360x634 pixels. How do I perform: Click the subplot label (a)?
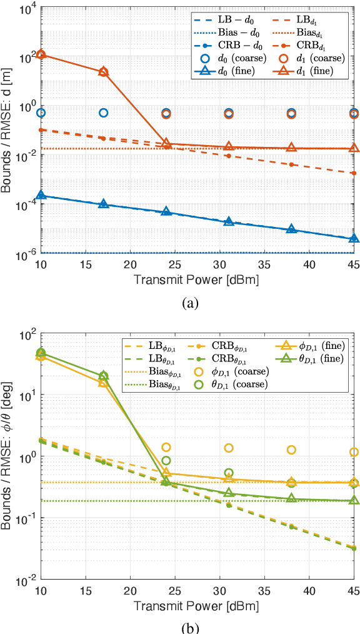(x=190, y=303)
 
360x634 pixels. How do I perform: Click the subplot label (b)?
(x=190, y=626)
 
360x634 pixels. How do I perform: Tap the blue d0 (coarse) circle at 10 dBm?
(x=41, y=113)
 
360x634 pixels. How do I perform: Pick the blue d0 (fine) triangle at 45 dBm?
(x=354, y=238)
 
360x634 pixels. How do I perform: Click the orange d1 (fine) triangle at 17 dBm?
(x=104, y=71)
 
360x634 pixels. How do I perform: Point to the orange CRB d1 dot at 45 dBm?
(x=354, y=173)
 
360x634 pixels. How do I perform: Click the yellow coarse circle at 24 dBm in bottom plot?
(x=166, y=447)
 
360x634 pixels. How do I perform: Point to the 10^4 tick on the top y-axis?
(x=28, y=9)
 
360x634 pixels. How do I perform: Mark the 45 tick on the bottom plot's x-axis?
(x=354, y=591)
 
